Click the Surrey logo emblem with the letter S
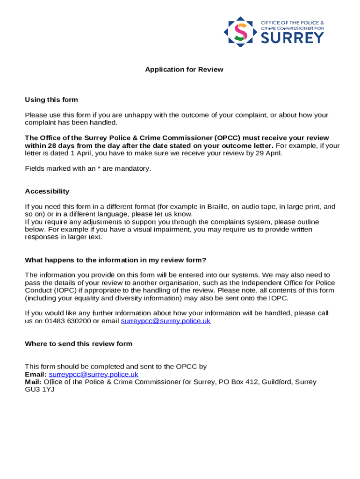(240, 32)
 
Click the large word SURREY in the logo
(292, 37)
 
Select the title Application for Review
(184, 70)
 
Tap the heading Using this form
(51, 100)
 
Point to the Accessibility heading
(47, 191)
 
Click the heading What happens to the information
(115, 260)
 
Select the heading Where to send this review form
(79, 344)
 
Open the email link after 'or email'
(166, 321)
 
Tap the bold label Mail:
(33, 382)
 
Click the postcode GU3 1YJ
(40, 389)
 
